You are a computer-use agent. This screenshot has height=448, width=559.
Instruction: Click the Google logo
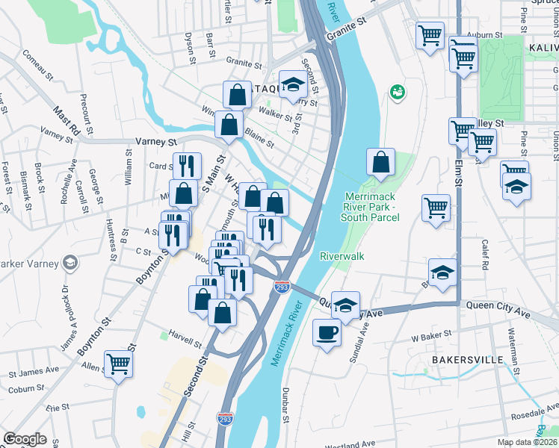[x=25, y=439]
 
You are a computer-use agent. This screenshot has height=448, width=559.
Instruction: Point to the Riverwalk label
[x=342, y=255]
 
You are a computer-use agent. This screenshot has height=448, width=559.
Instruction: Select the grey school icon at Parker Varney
[x=70, y=261]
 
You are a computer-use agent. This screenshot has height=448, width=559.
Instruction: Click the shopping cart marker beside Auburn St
[x=431, y=35]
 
